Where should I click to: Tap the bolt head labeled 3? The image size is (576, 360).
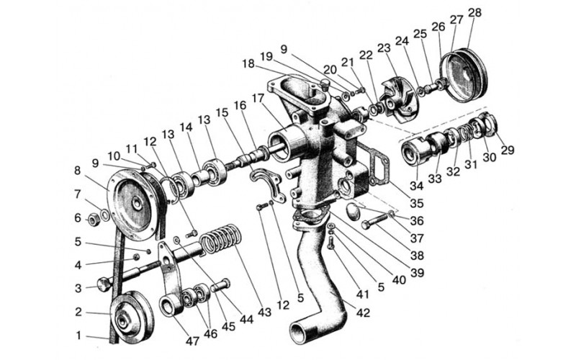pyautogui.click(x=104, y=284)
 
